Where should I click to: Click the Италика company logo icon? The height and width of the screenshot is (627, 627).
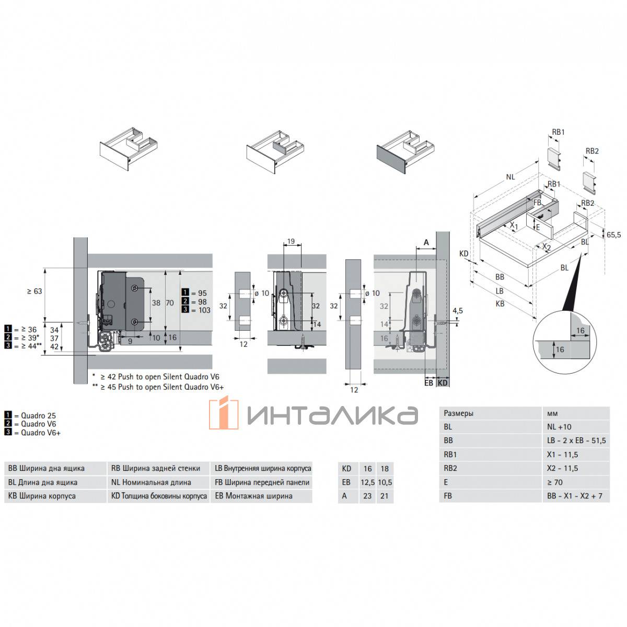pyautogui.click(x=224, y=413)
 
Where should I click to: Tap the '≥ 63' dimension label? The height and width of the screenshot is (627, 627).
pyautogui.click(x=34, y=291)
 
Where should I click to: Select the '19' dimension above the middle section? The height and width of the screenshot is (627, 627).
pyautogui.click(x=291, y=241)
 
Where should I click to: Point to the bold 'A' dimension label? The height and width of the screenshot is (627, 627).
pyautogui.click(x=426, y=242)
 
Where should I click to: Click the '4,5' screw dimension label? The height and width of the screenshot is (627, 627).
pyautogui.click(x=458, y=311)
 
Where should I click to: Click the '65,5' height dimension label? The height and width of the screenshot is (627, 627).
pyautogui.click(x=613, y=235)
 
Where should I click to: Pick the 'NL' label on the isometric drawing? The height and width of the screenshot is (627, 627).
pyautogui.click(x=510, y=177)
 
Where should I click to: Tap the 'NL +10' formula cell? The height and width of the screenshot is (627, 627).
pyautogui.click(x=559, y=427)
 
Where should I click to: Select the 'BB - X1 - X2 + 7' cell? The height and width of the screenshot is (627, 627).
pyautogui.click(x=575, y=496)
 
